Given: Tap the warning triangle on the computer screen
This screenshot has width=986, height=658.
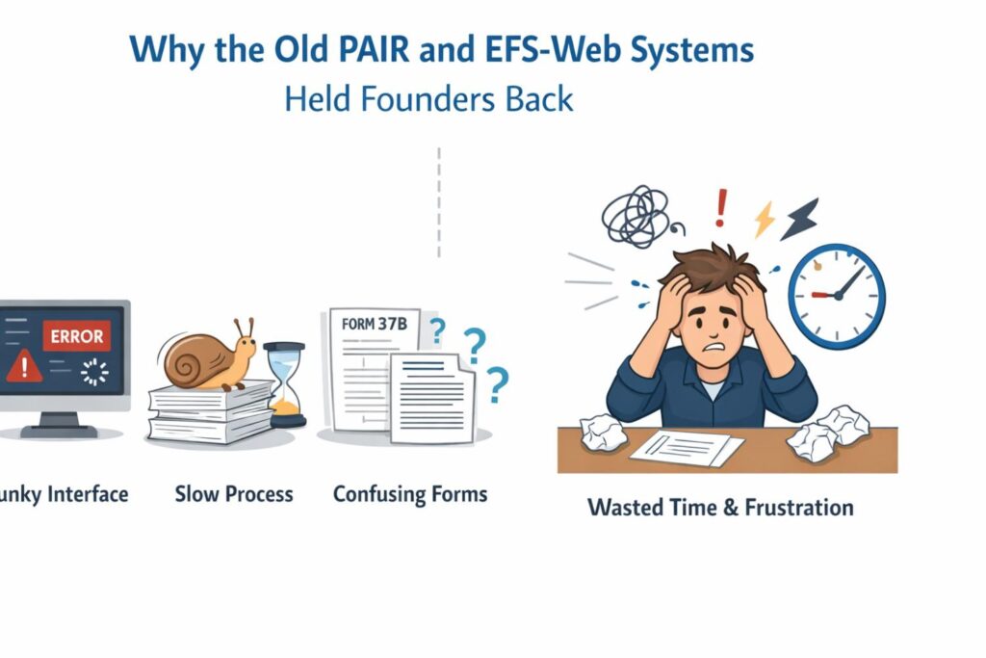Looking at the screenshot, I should point(23,367).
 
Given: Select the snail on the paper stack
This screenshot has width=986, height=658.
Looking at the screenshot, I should point(207,356).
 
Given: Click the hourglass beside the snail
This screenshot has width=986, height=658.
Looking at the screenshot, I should point(284,385).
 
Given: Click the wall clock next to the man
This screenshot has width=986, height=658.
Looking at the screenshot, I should point(836,295).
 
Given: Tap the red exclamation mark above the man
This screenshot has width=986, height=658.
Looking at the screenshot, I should point(721,207).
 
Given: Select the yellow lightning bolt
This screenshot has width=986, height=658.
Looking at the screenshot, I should point(765,220).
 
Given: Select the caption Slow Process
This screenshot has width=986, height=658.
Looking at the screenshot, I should point(234,494).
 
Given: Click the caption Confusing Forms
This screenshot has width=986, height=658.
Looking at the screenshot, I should point(410,494).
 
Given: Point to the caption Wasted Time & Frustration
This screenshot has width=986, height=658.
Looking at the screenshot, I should point(720,507).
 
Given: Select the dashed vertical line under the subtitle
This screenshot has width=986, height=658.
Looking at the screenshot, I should point(438,202).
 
